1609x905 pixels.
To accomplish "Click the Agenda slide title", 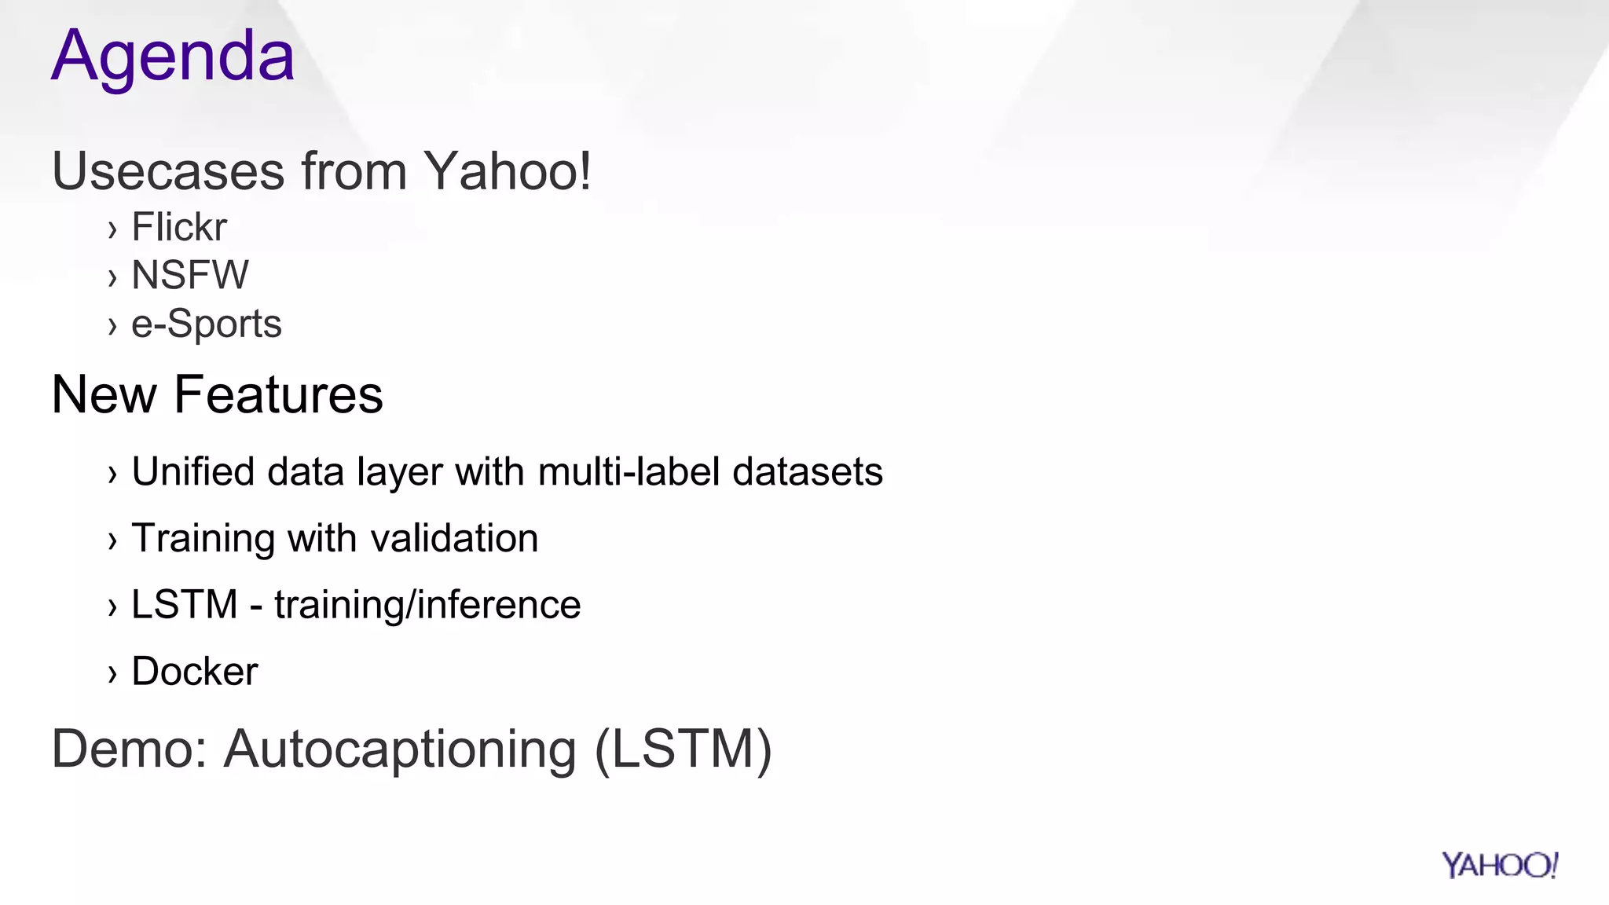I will coord(173,57).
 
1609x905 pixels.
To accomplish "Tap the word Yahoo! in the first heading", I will coord(508,171).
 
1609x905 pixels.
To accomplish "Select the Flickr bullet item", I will coord(179,227).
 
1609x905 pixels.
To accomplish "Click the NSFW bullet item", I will coord(190,275).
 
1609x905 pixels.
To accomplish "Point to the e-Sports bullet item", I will coord(206,324).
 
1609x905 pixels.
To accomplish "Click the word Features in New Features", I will coord(278,394).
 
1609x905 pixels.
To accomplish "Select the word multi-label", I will coord(629,472).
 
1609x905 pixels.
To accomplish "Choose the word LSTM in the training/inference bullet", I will coord(184,605).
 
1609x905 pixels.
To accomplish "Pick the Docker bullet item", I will coord(195,672).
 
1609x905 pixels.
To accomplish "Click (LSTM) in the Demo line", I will coord(684,749).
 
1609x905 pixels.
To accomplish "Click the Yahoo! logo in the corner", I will coord(1499,865).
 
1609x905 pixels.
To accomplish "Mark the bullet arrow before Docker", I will coord(112,673).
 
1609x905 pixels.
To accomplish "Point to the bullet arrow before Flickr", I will coord(112,229).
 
